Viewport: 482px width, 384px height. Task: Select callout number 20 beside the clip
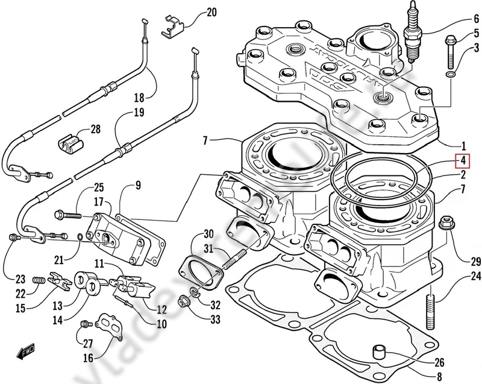pos(193,12)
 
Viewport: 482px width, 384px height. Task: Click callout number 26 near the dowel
pos(439,363)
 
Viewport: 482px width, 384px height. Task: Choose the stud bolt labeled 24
pos(431,300)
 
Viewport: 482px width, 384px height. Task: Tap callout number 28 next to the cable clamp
pos(96,129)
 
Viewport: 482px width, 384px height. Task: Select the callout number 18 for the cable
pos(139,97)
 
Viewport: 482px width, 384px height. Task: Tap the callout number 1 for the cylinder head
pos(463,145)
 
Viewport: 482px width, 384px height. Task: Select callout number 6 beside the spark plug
pos(460,19)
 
